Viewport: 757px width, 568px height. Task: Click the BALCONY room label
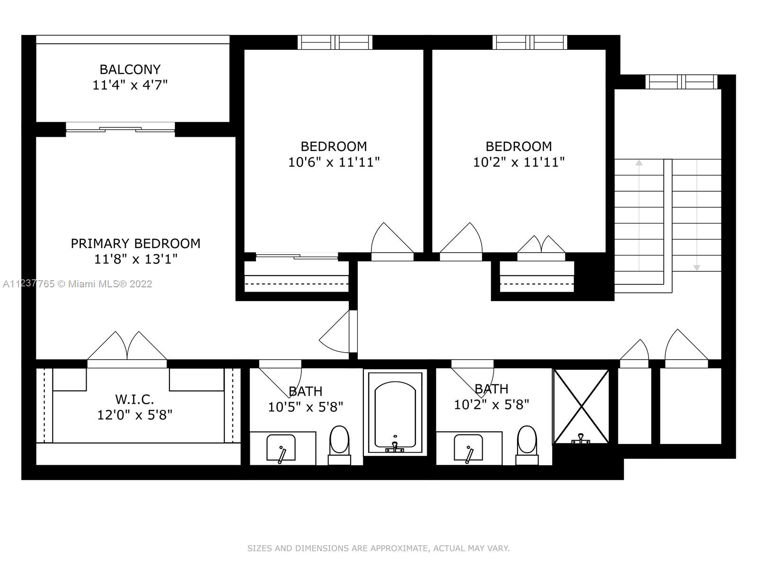[130, 69]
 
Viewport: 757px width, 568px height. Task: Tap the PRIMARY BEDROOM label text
[135, 243]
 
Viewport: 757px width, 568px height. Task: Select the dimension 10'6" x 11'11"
[334, 162]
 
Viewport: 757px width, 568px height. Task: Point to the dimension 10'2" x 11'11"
[519, 162]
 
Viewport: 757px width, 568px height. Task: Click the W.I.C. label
[134, 399]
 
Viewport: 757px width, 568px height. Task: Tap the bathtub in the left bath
[395, 412]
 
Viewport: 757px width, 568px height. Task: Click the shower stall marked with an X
[581, 406]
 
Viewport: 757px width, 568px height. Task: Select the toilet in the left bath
[339, 445]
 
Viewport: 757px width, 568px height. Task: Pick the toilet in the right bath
[527, 445]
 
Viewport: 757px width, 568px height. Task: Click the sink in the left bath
[281, 448]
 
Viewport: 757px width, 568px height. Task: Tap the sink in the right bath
[468, 448]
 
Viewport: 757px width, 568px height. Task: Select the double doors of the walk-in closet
[127, 348]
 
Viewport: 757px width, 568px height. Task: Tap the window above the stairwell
[681, 82]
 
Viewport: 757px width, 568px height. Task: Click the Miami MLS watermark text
[77, 284]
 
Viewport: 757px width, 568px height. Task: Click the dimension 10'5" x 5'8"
[306, 407]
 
